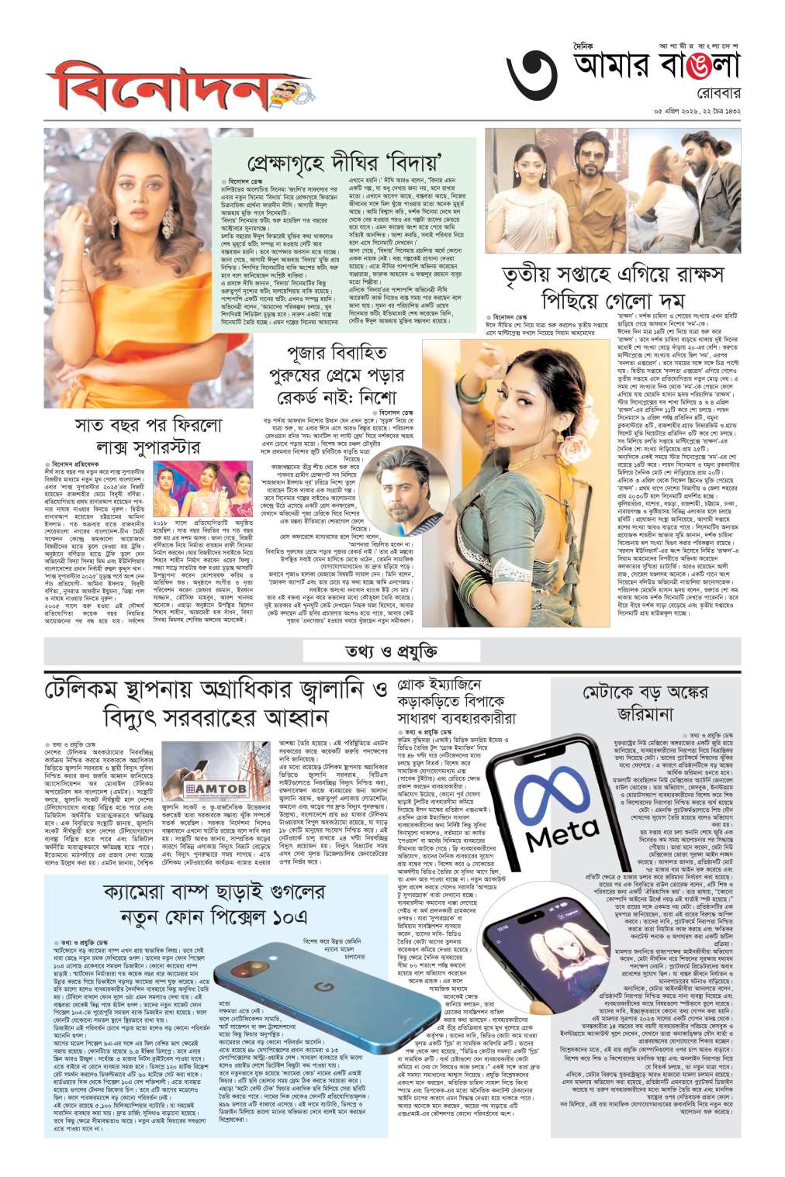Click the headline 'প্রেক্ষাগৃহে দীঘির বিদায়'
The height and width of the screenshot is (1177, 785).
click(354, 164)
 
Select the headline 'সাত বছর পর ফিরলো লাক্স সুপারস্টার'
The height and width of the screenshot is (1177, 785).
click(137, 437)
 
